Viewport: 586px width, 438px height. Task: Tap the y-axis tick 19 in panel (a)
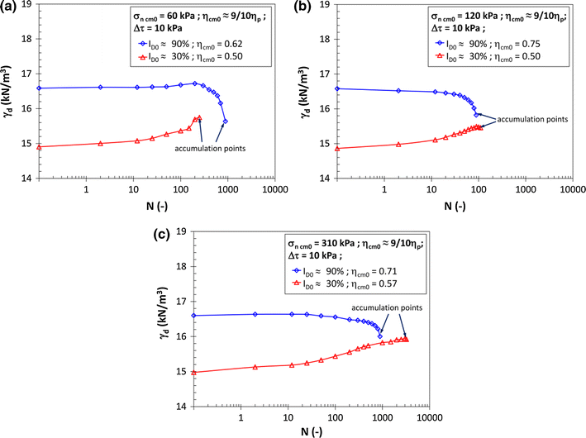29,5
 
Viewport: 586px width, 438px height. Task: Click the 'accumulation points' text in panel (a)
202,149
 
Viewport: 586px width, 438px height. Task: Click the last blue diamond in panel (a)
226,121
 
